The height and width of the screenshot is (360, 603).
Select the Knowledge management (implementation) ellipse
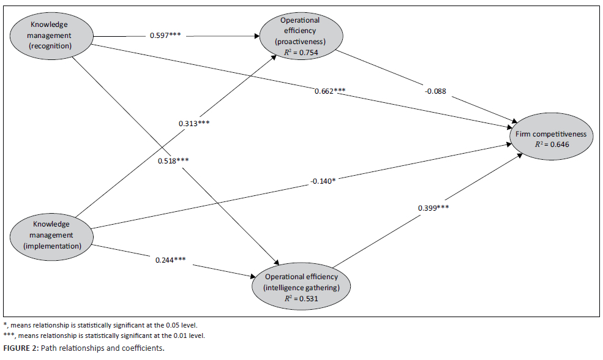[51, 234]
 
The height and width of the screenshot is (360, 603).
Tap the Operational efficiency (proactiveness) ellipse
[300, 36]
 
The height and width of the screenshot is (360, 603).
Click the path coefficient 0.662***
[330, 91]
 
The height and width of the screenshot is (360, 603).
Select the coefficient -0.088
[435, 92]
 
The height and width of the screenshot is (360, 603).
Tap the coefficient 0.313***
[194, 123]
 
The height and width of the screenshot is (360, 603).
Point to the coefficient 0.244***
[171, 260]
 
